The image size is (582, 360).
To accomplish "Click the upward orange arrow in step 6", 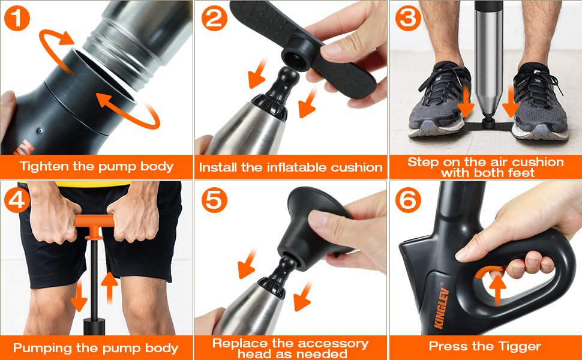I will click(497, 288).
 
